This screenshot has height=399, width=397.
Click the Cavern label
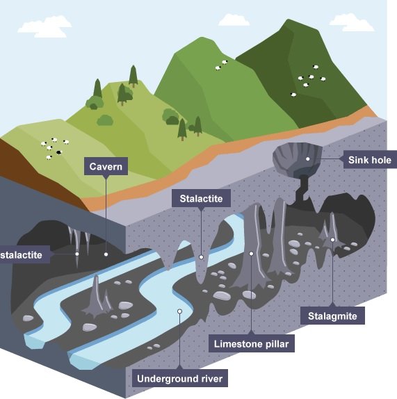tap(106, 166)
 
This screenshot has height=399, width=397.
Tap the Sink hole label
tap(369, 160)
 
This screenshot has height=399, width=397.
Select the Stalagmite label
tap(332, 316)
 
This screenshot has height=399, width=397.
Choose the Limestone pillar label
tap(252, 343)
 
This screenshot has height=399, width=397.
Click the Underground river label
tap(179, 378)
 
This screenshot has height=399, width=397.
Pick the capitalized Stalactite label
tap(201, 198)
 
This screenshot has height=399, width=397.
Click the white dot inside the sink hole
tap(308, 159)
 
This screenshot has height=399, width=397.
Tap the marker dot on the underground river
tap(179, 311)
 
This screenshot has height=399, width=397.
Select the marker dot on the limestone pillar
tap(251, 254)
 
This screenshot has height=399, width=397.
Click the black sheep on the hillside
tap(59, 152)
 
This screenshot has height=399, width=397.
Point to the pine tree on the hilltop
tap(133, 76)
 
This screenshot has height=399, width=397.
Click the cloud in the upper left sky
tap(44, 26)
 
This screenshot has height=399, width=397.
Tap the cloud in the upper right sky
tap(352, 22)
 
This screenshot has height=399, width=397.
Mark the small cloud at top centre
tap(234, 20)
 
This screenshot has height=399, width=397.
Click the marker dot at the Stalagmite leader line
tap(332, 240)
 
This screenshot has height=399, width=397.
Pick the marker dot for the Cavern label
tap(106, 254)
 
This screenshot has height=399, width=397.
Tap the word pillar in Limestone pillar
tap(277, 344)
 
